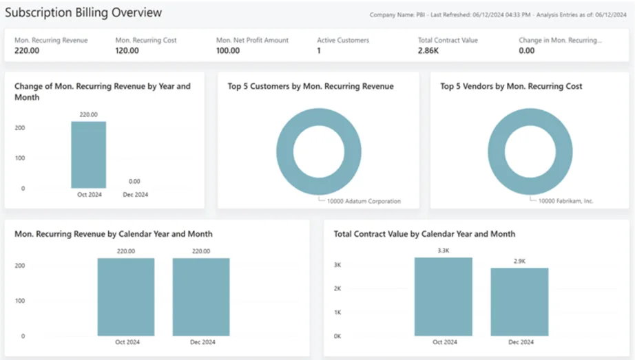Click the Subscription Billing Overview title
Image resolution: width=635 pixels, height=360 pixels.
tap(84, 12)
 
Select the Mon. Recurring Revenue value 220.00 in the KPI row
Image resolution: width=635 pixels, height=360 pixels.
tap(26, 51)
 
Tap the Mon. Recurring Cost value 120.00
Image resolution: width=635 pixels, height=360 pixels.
tap(127, 51)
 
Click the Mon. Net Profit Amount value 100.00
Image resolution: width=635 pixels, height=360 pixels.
tap(228, 51)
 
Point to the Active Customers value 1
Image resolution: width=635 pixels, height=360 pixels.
tap(319, 51)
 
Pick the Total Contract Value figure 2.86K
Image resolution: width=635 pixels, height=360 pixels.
tap(428, 51)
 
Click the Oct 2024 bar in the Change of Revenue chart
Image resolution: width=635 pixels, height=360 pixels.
tap(88, 155)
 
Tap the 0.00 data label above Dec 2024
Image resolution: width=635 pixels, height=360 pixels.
tap(134, 182)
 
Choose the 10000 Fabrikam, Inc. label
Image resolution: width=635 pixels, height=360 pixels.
tap(566, 201)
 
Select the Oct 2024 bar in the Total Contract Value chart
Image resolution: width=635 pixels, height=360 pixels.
tap(443, 297)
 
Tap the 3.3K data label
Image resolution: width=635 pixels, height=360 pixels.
tap(444, 251)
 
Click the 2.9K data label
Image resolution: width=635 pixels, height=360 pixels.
tap(519, 261)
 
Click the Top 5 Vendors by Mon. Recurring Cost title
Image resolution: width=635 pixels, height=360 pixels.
tap(511, 87)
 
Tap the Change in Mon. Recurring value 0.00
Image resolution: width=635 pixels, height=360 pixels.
tap(526, 51)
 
